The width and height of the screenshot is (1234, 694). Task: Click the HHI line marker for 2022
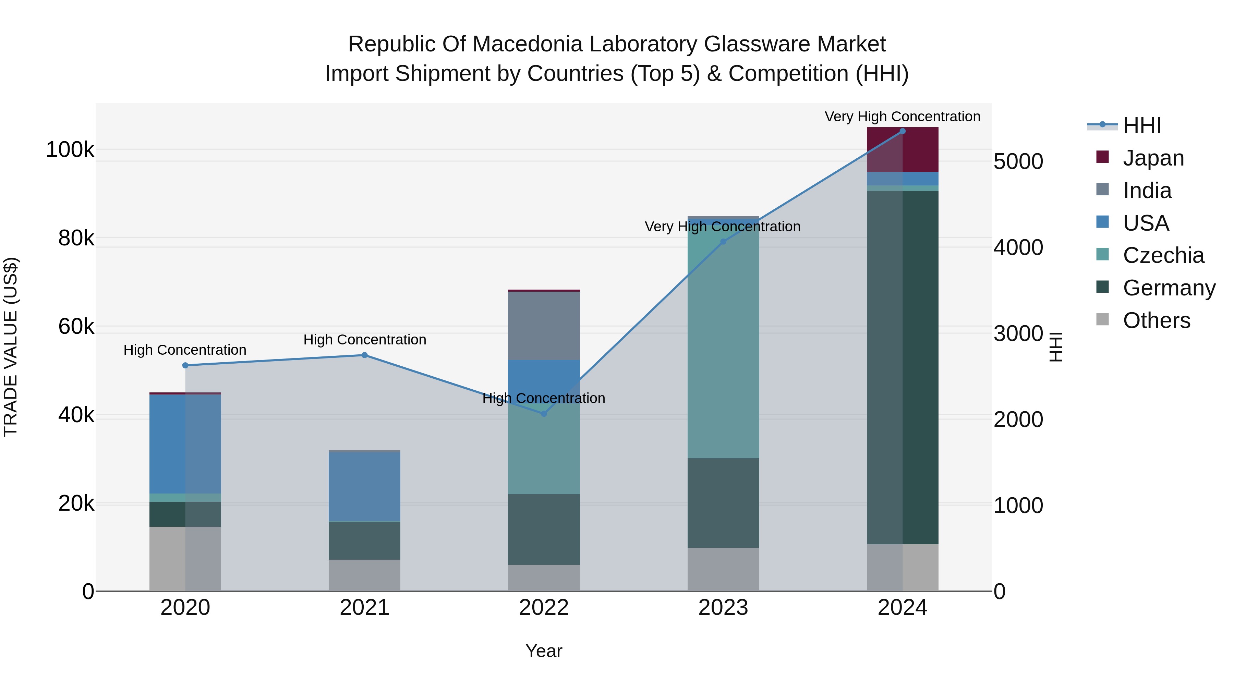(544, 413)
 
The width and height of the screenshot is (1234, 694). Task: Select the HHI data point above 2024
(903, 131)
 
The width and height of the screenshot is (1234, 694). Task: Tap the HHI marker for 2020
(185, 365)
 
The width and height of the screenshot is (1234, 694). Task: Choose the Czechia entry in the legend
(1163, 255)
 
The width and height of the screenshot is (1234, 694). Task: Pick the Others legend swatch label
(1156, 320)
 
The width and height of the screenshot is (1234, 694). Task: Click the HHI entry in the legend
(1141, 125)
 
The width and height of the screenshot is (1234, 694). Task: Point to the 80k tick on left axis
(76, 238)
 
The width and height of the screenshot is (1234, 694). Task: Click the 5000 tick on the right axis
(1018, 161)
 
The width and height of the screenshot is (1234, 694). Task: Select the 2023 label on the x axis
(723, 608)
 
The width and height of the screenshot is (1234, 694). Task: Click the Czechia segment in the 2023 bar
(723, 340)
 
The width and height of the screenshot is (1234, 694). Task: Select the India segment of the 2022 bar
(544, 326)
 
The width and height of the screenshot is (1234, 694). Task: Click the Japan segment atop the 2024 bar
(903, 150)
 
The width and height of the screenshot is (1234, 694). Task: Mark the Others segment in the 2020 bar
(185, 559)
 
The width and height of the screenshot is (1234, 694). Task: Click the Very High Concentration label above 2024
(903, 117)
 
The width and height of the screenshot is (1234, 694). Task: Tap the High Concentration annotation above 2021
(365, 340)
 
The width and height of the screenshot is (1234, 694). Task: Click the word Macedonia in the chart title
(524, 44)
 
